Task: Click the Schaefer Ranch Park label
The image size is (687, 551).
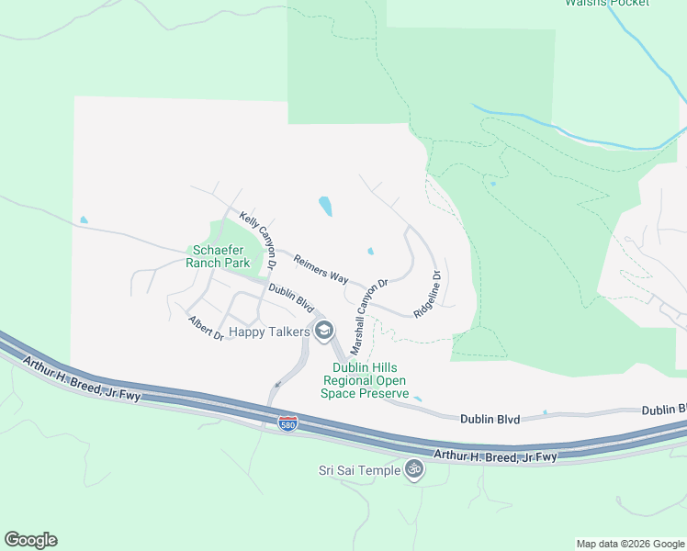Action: (218, 255)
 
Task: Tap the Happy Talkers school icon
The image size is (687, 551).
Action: (323, 331)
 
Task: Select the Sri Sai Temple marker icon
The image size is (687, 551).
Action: (414, 470)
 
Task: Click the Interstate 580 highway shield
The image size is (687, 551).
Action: (287, 423)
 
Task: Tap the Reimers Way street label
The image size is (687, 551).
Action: (321, 268)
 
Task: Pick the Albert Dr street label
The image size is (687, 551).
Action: (206, 328)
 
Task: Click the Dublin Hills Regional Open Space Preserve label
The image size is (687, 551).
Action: (365, 380)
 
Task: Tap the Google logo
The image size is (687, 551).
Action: (30, 539)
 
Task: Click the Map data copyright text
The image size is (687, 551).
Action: (630, 544)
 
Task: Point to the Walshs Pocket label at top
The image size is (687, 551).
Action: (606, 4)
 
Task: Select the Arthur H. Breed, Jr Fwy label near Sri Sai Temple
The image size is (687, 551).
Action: (495, 455)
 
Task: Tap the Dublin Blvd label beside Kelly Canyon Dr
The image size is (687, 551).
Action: (291, 298)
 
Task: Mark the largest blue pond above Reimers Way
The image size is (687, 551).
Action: (325, 206)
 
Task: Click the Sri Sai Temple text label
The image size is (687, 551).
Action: (359, 470)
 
